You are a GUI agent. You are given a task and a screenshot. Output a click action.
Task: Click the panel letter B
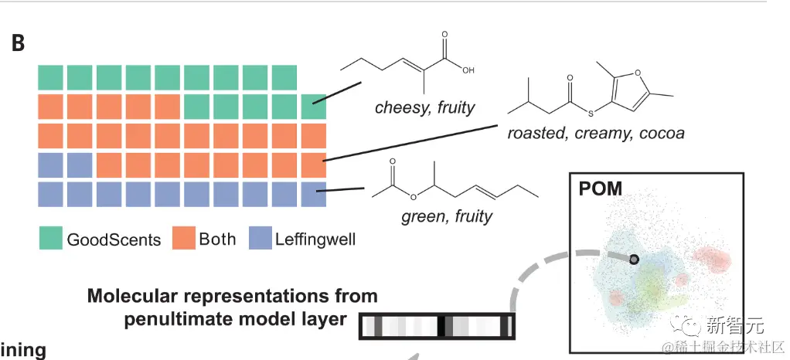[x=18, y=43]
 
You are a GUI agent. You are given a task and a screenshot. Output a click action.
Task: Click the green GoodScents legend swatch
[x=51, y=239]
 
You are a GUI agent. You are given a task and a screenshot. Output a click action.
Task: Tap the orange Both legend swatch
[x=184, y=239]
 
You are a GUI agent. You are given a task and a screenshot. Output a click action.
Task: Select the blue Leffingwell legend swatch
[x=260, y=239]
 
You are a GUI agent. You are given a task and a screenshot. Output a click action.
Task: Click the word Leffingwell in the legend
[x=315, y=239]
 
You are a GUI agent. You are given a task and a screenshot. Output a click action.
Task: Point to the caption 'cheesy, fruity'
[x=424, y=107]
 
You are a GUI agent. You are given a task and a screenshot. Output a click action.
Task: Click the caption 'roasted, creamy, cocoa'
[x=596, y=133]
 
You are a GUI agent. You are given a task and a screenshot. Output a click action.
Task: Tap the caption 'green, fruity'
[x=447, y=216]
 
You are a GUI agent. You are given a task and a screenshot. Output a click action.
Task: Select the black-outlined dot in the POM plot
[x=634, y=260]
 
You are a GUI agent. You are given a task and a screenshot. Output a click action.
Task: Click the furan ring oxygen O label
[x=638, y=73]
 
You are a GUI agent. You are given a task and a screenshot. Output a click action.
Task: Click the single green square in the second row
[x=313, y=106]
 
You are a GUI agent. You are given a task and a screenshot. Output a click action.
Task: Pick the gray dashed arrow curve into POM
[x=533, y=278]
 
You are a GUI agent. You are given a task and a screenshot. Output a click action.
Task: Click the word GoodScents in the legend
[x=114, y=239]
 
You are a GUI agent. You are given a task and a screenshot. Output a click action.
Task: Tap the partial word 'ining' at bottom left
[x=23, y=350]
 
